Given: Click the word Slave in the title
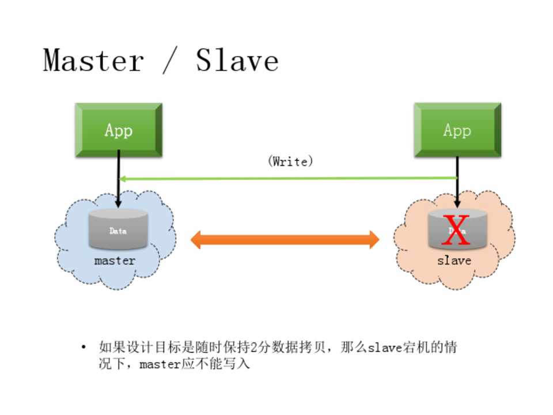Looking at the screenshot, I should point(237,61).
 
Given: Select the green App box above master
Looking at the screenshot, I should point(119,130).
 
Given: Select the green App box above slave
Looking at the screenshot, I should point(457,130).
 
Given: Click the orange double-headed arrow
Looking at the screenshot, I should point(285,239).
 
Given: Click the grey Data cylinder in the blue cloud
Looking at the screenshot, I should point(118,229).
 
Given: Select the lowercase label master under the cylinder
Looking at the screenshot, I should point(115,261).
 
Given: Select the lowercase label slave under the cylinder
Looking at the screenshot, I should point(454,261).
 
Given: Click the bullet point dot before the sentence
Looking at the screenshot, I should point(84,348).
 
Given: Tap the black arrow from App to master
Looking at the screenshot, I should point(118,179).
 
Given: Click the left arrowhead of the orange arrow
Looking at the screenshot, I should point(198,239).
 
